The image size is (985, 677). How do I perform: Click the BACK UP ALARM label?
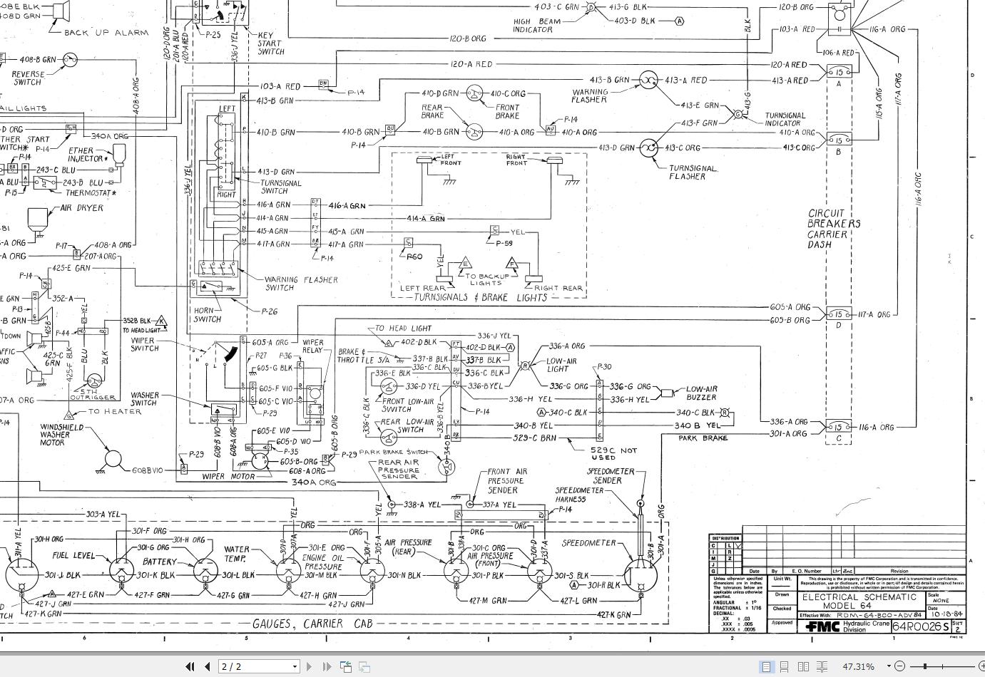[x=106, y=33]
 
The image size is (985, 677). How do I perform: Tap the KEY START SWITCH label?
[x=270, y=43]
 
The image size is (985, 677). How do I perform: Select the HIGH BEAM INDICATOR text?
[x=537, y=26]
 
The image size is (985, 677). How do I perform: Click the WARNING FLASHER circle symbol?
[x=648, y=80]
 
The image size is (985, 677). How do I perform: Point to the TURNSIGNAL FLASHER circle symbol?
[x=648, y=148]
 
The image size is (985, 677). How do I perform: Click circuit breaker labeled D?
[x=839, y=314]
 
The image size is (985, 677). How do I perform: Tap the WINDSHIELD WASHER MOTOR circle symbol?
[x=113, y=461]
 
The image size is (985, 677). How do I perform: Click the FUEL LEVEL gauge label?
[x=73, y=555]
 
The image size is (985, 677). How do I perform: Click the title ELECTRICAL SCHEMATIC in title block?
[x=859, y=597]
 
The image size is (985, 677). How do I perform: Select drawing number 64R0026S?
[x=921, y=626]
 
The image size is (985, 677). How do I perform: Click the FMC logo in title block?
[x=822, y=626]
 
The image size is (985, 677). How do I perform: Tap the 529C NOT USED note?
[x=613, y=453]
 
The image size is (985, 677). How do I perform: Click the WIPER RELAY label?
[x=312, y=346]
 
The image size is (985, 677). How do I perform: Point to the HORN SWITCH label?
[x=208, y=314]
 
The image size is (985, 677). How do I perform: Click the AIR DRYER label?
[x=81, y=208]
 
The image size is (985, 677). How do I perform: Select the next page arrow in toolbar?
[x=309, y=666]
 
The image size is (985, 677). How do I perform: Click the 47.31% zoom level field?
[x=858, y=666]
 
